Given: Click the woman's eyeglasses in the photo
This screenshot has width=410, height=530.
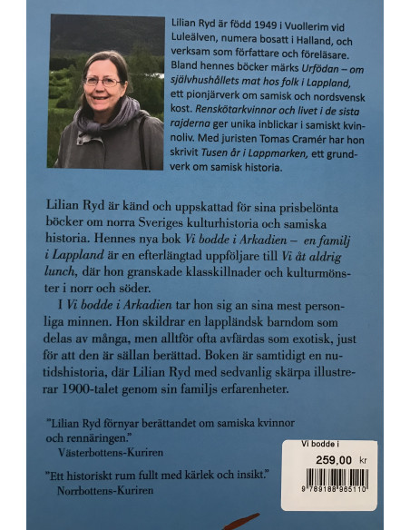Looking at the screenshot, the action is (102, 81).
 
